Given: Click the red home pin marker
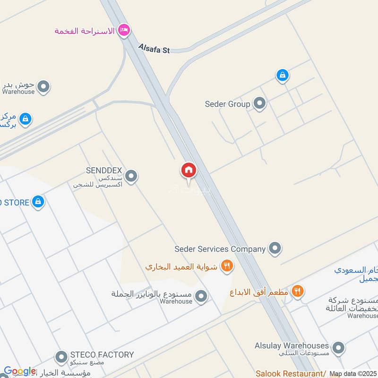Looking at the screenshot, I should pos(189,171).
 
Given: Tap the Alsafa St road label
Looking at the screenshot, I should pos(154,48).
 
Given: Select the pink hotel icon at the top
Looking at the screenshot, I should pos(124,31).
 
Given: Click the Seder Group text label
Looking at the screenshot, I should pos(227,104).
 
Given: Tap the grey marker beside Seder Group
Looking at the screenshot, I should pos(259,103).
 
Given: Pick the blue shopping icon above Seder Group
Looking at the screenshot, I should pos(282,75).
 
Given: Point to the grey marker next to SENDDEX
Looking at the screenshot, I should pos(131,176).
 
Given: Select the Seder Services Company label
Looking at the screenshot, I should pos(220,249).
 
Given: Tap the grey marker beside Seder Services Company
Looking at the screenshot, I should pos(275,248).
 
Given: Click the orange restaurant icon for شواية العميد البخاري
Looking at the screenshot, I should pos(227,266).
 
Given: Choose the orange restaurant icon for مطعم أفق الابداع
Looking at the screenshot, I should pos(297,292).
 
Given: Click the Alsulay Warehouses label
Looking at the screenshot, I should pos(292,345).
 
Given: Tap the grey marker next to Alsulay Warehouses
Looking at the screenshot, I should pos(338,348).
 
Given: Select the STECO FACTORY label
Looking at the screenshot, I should pos(102,354).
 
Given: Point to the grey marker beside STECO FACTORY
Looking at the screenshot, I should pos(61,357).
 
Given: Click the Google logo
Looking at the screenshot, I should pos(19,371).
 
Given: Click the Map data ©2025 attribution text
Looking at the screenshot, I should pos(352,374).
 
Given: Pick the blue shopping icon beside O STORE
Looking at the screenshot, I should pos(38,202).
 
